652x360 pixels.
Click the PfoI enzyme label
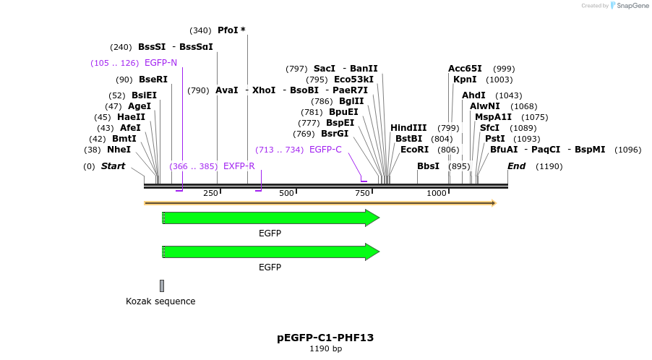(x=228, y=30)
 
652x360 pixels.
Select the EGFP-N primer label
(x=160, y=63)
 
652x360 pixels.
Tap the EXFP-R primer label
(x=239, y=166)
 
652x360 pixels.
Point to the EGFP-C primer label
(x=325, y=150)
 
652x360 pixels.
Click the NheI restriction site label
(x=119, y=150)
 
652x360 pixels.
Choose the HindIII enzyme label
(x=408, y=128)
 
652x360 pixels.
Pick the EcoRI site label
(x=414, y=150)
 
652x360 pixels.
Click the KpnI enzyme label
(x=465, y=80)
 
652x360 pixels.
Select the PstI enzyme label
(x=494, y=139)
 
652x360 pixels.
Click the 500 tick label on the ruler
(x=287, y=194)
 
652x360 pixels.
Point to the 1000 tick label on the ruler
(x=437, y=194)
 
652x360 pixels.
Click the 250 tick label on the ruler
(x=210, y=194)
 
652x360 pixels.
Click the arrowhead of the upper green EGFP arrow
(x=372, y=218)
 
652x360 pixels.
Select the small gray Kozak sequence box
(x=162, y=286)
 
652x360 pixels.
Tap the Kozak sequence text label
(x=160, y=301)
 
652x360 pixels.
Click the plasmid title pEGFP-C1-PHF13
(x=325, y=338)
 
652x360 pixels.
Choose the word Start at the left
(x=113, y=166)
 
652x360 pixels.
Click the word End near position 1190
(x=516, y=166)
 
